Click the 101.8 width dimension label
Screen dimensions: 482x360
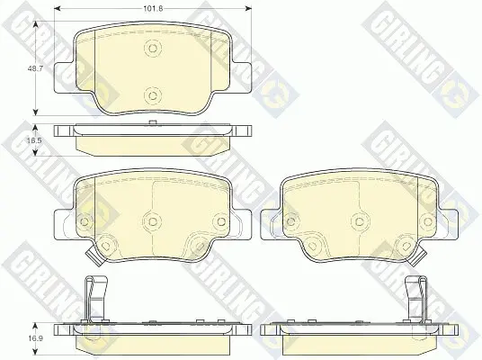pyautogui.click(x=153, y=9)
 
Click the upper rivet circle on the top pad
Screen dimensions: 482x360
pyautogui.click(x=153, y=48)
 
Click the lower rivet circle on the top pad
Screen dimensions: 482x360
pyautogui.click(x=153, y=95)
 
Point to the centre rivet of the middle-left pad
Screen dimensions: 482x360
pyautogui.click(x=153, y=220)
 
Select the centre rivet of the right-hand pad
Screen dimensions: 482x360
pyautogui.click(x=360, y=220)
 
